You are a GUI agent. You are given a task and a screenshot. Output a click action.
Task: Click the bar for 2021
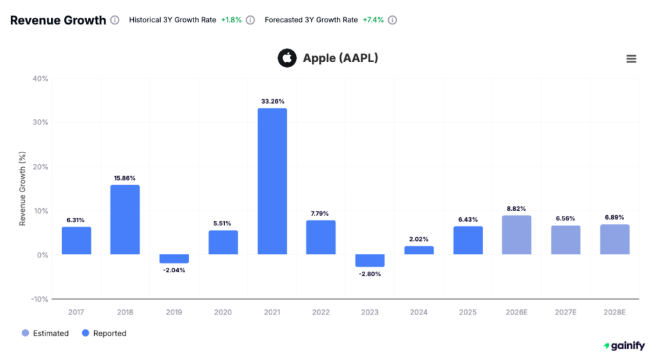(x=272, y=181)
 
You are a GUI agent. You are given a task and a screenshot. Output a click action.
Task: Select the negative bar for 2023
(x=370, y=261)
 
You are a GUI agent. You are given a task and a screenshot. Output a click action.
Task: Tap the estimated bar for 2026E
(x=516, y=235)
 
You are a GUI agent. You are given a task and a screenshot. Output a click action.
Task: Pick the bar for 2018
(x=125, y=220)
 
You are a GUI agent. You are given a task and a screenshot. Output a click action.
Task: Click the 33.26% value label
(x=272, y=101)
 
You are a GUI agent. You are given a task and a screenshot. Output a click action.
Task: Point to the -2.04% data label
(x=174, y=270)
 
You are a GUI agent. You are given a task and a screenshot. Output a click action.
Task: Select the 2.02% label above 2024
(x=419, y=240)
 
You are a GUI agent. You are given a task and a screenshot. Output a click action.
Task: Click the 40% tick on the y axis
(x=40, y=79)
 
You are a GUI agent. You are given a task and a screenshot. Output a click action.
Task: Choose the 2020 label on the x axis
(x=223, y=313)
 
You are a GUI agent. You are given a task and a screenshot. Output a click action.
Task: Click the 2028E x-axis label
(x=614, y=313)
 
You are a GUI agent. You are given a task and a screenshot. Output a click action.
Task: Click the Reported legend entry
(x=104, y=333)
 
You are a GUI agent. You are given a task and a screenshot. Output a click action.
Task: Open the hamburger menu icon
(x=631, y=59)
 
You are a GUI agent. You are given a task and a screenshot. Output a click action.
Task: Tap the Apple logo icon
(x=287, y=58)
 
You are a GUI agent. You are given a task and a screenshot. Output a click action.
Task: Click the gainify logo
(x=624, y=346)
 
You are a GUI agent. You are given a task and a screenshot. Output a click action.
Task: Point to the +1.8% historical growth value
(x=231, y=20)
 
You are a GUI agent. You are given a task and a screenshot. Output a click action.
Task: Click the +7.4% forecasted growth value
(x=373, y=20)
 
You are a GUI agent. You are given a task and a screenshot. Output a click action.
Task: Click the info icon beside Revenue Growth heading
(x=115, y=20)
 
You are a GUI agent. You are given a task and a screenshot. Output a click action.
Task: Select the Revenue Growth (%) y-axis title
(x=22, y=188)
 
